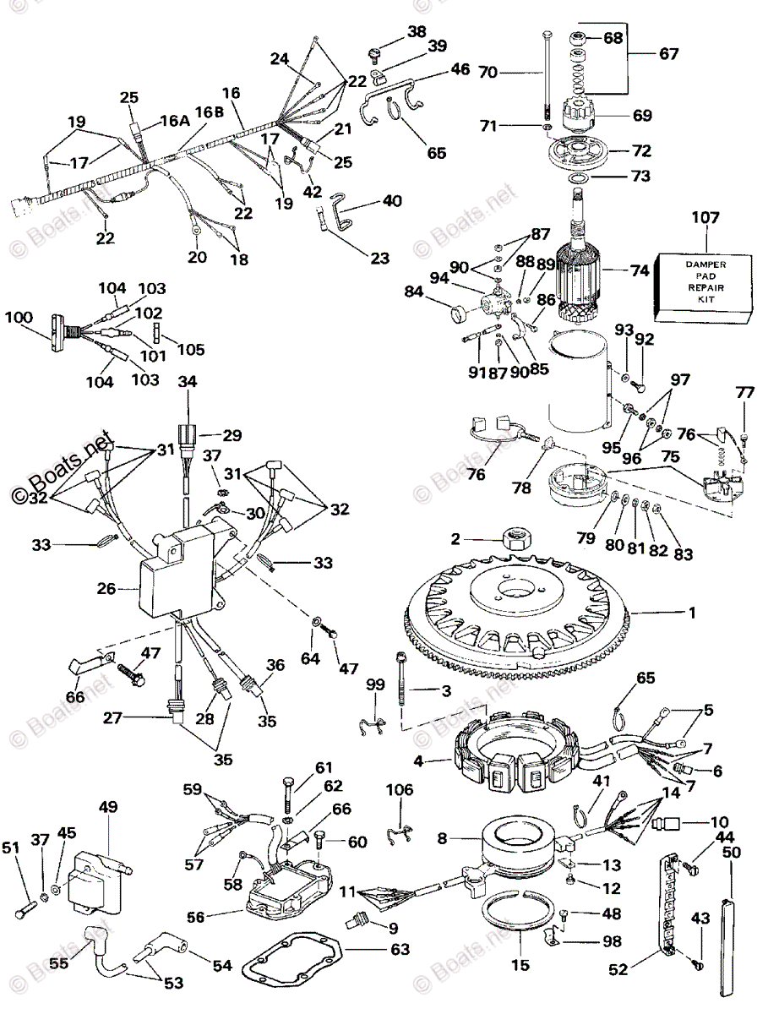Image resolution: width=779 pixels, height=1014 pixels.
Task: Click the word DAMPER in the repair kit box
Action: [702, 265]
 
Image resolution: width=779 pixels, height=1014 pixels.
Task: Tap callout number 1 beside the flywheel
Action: [692, 613]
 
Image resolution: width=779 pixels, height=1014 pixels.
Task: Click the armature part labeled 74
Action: [587, 274]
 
